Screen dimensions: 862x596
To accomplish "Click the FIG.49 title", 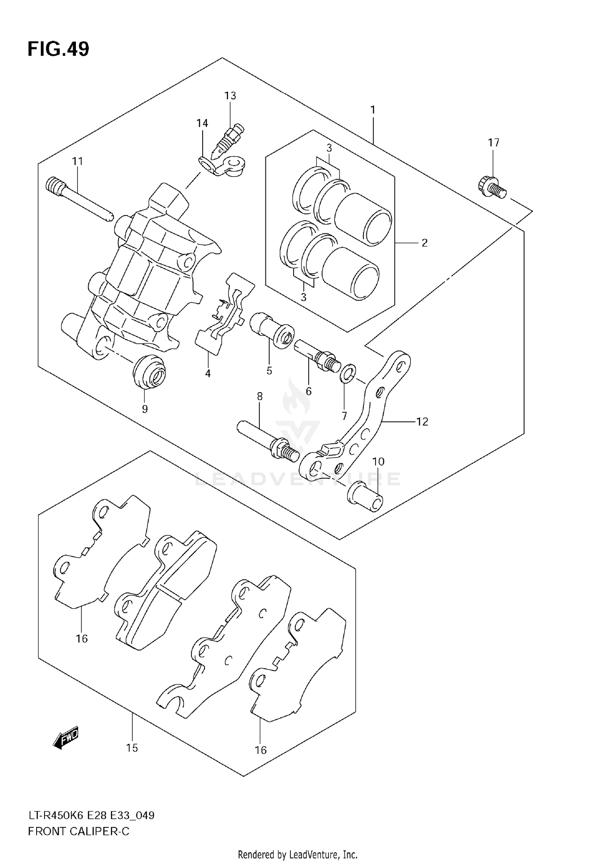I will coord(58,49).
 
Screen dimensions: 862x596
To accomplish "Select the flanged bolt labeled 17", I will coord(491,187).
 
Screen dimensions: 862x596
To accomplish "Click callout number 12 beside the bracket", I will coord(422,421).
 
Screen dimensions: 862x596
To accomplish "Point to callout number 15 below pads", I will coord(132,748).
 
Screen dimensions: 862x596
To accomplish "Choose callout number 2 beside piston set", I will coord(424,243).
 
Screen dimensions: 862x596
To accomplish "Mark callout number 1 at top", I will coord(373,110).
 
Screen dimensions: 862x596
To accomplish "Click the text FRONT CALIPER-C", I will coord(79,831).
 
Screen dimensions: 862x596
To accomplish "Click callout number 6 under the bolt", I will coord(309,391).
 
